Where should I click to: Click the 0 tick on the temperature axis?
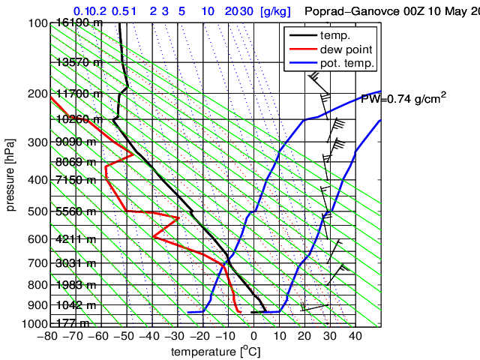(254, 335)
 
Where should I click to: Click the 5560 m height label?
(75, 211)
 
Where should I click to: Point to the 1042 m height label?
(75, 305)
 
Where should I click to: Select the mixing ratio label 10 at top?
(209, 11)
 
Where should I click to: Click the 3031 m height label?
(75, 263)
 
